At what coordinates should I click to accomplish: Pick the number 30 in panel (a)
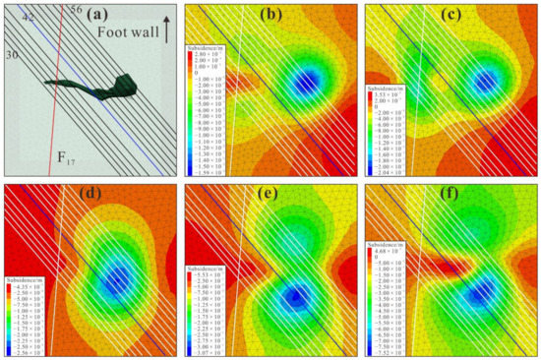[12, 56]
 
